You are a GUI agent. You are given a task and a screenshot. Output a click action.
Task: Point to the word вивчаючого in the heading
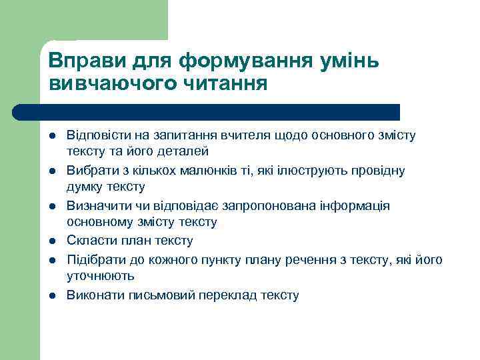(x=109, y=84)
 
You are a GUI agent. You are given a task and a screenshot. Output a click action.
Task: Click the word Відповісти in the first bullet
(x=97, y=135)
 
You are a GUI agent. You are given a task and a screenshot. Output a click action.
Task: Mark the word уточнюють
(x=101, y=275)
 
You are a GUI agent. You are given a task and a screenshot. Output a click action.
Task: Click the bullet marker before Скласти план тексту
(x=51, y=241)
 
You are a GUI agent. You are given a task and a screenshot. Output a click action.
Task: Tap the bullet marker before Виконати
(x=51, y=294)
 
